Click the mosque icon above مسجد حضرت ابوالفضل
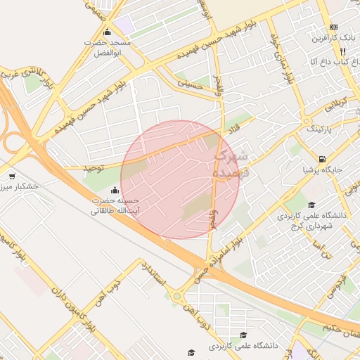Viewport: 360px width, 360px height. pyautogui.click(x=106, y=32)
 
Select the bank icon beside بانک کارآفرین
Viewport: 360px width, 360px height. pyautogui.click(x=334, y=26)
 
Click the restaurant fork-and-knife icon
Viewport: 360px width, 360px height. pyautogui.click(x=342, y=51)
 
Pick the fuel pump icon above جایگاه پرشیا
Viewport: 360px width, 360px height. pyautogui.click(x=322, y=159)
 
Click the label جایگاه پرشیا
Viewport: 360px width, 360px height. pyautogui.click(x=322, y=169)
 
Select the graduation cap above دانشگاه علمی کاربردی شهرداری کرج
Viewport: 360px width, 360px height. pyautogui.click(x=311, y=205)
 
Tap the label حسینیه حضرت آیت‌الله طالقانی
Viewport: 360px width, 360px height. pyautogui.click(x=115, y=205)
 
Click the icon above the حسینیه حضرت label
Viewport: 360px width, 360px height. pyautogui.click(x=115, y=190)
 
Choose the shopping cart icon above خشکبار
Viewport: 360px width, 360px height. pyautogui.click(x=12, y=176)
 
